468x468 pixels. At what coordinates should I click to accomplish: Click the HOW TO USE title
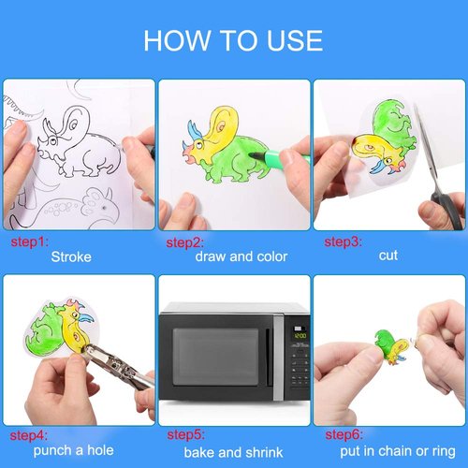233,40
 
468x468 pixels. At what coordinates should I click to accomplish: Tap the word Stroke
71,256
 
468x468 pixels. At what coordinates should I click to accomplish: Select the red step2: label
185,242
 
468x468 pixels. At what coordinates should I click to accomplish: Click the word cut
388,256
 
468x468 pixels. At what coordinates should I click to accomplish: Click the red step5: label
185,437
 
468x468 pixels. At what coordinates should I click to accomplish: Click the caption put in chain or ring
397,450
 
